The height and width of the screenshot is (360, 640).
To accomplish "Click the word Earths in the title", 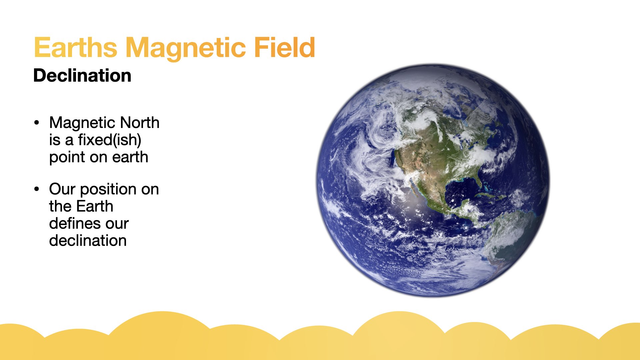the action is click(76, 47).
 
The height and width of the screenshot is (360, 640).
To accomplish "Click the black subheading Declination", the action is click(82, 75).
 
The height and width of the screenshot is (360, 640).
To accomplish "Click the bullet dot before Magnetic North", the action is click(37, 122).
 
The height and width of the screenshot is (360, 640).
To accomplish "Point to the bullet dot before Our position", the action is click(37, 189).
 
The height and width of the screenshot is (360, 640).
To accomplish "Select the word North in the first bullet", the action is click(140, 123).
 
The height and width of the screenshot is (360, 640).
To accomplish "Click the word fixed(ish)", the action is click(110, 140).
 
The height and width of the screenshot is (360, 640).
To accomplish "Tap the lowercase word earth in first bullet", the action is click(130, 157).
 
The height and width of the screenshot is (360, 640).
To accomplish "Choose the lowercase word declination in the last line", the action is click(88, 240).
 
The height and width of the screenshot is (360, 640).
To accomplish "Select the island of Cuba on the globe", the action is click(485, 194).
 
